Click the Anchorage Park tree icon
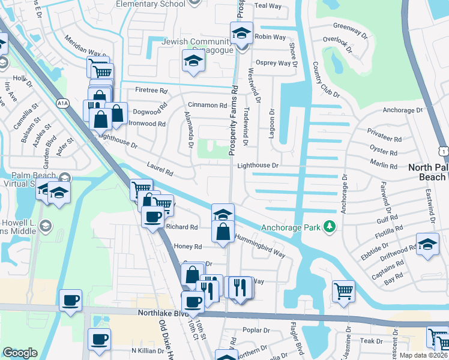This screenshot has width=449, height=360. pyautogui.click(x=328, y=227)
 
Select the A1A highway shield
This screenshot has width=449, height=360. pyautogui.click(x=63, y=104)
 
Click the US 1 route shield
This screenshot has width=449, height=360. pyautogui.click(x=443, y=149)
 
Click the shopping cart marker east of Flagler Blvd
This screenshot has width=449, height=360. pyautogui.click(x=343, y=292)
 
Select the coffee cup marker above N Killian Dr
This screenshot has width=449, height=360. pyautogui.click(x=99, y=339)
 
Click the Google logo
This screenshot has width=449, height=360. pyautogui.click(x=20, y=353)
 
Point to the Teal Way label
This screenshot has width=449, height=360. pyautogui.click(x=268, y=5)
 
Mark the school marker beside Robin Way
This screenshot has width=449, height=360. pyautogui.click(x=241, y=32)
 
